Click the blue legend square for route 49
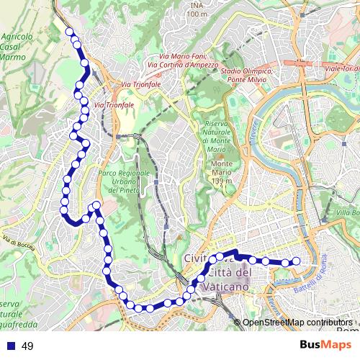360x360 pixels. pyautogui.click(x=9, y=346)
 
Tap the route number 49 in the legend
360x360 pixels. pyautogui.click(x=27, y=346)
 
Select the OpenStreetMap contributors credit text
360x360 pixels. pyautogui.click(x=297, y=323)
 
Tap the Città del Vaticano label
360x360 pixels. pyautogui.click(x=229, y=279)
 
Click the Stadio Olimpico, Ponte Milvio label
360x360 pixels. pyautogui.click(x=247, y=75)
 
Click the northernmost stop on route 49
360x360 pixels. pyautogui.click(x=70, y=32)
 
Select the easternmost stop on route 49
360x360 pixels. pyautogui.click(x=295, y=261)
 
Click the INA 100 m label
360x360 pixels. pyautogui.click(x=196, y=9)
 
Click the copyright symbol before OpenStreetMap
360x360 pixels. pyautogui.click(x=238, y=323)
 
